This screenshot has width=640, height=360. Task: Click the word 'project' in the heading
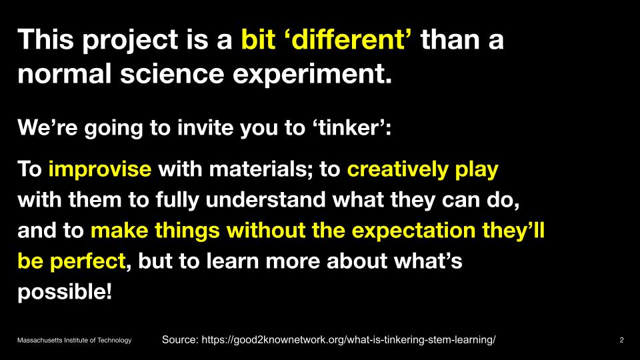coord(130,41)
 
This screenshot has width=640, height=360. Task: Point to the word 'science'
coord(172,73)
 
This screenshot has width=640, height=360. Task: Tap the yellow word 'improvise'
coord(100,169)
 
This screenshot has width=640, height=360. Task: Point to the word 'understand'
coord(265,200)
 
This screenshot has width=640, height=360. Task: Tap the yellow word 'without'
coord(266,230)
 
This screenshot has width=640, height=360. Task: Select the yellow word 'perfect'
coord(87,261)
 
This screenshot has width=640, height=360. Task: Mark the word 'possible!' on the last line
coord(65,293)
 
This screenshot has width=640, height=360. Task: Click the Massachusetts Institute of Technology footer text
coord(74,340)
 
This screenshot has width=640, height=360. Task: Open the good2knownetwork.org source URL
coord(349,339)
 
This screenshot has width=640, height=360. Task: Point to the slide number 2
coord(621,340)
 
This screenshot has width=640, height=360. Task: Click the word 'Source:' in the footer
coord(180,339)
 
